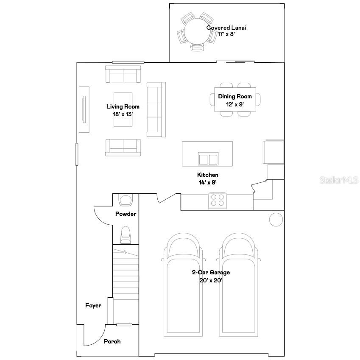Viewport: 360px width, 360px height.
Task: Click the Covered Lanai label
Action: click(x=226, y=28)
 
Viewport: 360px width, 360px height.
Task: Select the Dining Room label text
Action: click(x=235, y=97)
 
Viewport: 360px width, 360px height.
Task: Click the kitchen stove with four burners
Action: click(x=218, y=200)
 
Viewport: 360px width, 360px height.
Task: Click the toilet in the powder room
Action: click(x=126, y=235)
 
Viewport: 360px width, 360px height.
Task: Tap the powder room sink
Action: click(x=126, y=199)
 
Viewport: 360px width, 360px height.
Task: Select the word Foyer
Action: click(x=93, y=305)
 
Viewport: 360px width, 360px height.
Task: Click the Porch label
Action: click(x=112, y=341)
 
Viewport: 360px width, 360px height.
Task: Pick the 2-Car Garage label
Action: click(x=211, y=273)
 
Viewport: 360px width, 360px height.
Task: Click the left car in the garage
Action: click(x=183, y=284)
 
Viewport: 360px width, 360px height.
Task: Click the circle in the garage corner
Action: click(x=276, y=219)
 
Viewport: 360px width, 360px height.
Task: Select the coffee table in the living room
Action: click(x=123, y=109)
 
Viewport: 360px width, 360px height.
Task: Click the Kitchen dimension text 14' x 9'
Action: click(x=208, y=182)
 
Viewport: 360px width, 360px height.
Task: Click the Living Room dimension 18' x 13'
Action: click(x=123, y=114)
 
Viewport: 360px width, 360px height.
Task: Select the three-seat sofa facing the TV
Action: click(x=156, y=109)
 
